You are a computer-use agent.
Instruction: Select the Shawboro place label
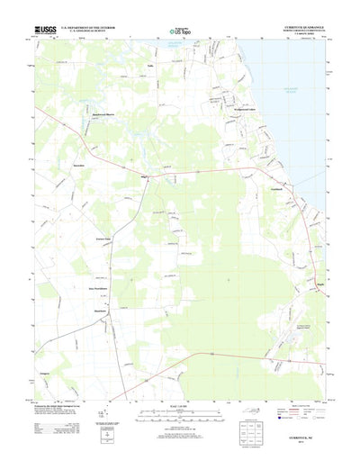pyautogui.click(x=102, y=311)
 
